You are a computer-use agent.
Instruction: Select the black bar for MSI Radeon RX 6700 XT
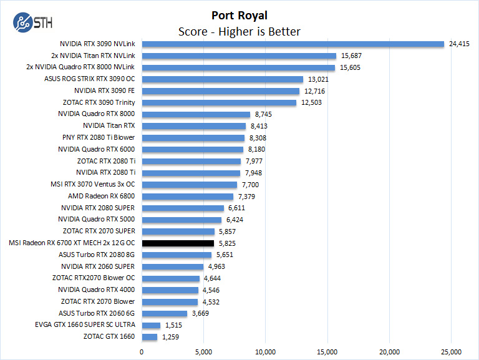pyautogui.click(x=178, y=243)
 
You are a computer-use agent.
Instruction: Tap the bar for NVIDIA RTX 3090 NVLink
pyautogui.click(x=293, y=44)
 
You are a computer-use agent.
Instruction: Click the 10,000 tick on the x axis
pyautogui.click(x=266, y=351)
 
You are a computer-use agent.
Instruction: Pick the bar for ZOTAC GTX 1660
pyautogui.click(x=150, y=337)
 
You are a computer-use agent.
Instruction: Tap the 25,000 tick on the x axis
pyautogui.click(x=451, y=351)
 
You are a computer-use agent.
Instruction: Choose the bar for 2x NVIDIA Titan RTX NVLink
pyautogui.click(x=239, y=56)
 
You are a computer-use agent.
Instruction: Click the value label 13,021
pyautogui.click(x=318, y=79)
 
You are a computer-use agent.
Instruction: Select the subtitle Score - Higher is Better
pyautogui.click(x=239, y=31)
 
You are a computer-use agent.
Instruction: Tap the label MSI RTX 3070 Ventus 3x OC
pyautogui.click(x=92, y=185)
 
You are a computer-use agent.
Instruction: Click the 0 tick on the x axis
pyautogui.click(x=142, y=351)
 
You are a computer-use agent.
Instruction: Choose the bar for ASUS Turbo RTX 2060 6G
pyautogui.click(x=165, y=313)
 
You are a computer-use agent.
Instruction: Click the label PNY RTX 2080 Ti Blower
pyautogui.click(x=99, y=137)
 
